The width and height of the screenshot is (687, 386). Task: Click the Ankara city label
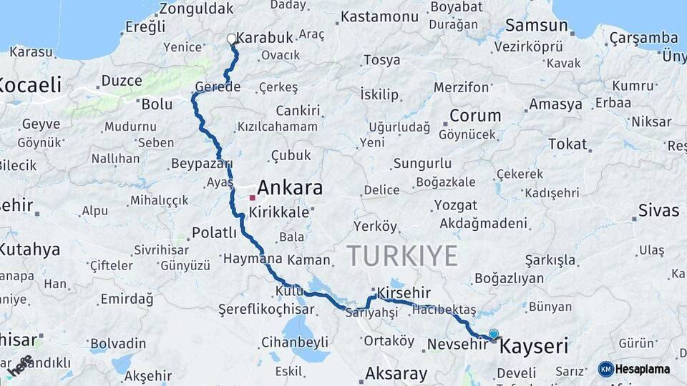click(x=289, y=188)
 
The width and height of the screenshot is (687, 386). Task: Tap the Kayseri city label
click(x=533, y=347)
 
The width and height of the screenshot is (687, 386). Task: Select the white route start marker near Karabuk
click(x=231, y=39)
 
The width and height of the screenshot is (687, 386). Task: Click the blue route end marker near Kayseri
click(x=493, y=334)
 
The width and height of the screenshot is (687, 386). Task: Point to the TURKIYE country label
click(x=401, y=255)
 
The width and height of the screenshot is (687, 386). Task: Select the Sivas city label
click(x=658, y=211)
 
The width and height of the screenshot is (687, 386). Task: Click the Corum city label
click(x=475, y=115)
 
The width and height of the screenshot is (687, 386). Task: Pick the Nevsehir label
click(x=457, y=344)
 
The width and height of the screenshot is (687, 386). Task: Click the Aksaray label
click(x=396, y=372)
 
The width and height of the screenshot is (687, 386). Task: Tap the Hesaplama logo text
click(x=641, y=369)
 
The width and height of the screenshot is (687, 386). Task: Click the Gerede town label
click(x=217, y=86)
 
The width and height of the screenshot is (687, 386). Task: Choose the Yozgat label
click(x=454, y=206)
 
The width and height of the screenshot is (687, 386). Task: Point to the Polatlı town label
click(x=213, y=233)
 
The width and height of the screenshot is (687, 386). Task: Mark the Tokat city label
click(x=567, y=144)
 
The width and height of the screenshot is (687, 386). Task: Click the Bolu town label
click(x=157, y=104)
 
